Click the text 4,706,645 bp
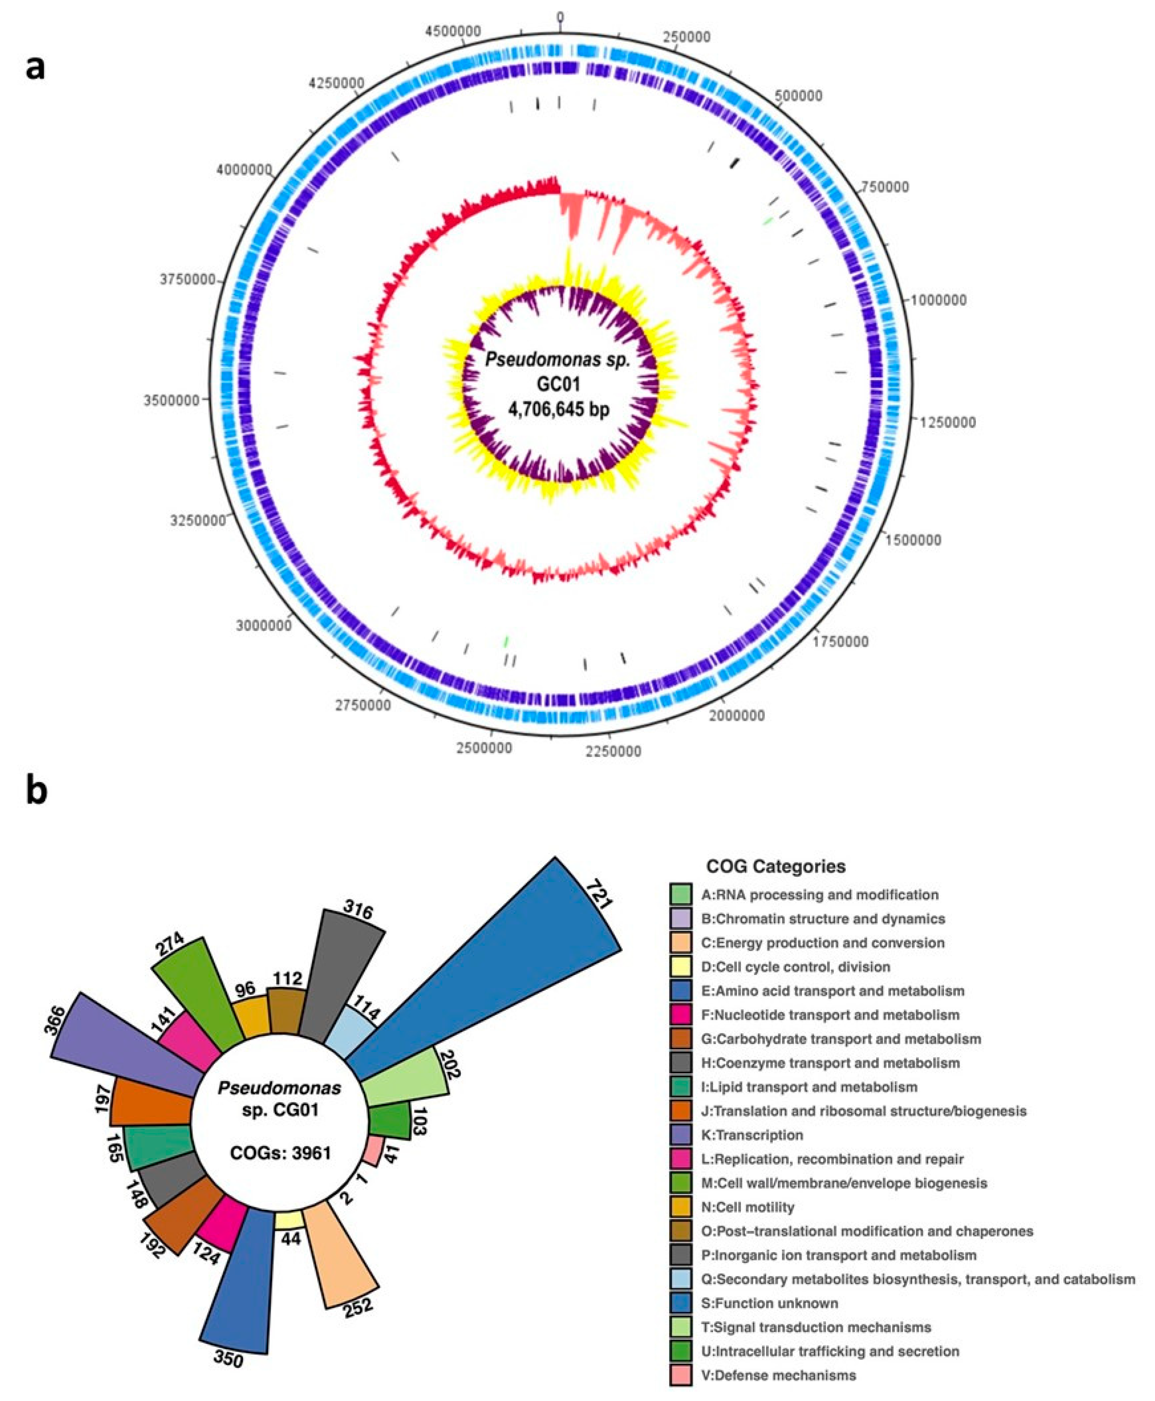pyautogui.click(x=559, y=409)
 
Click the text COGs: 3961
pyautogui.click(x=280, y=1153)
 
